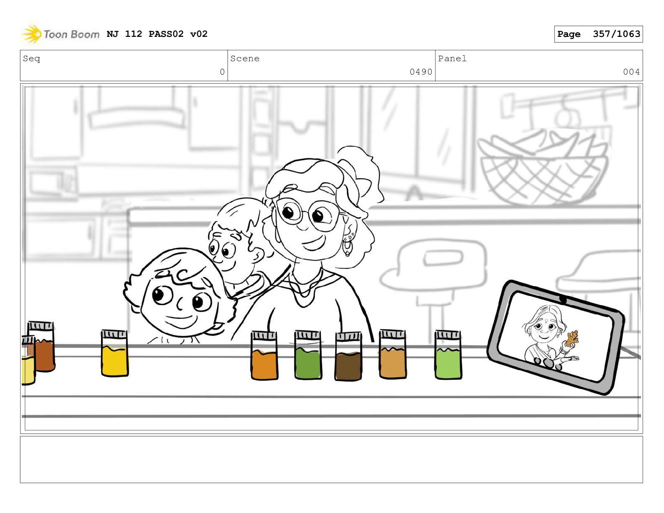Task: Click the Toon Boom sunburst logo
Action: (x=31, y=34)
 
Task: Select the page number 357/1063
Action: (x=616, y=34)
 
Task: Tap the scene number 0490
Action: (x=421, y=72)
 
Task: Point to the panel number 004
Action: (x=631, y=72)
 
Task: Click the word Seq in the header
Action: (x=31, y=59)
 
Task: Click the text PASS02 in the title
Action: (x=166, y=34)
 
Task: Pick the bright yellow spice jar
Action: (x=114, y=353)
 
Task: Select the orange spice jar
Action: (x=265, y=356)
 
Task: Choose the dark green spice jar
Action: (x=308, y=355)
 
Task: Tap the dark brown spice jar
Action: (x=348, y=356)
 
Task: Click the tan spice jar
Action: (x=393, y=354)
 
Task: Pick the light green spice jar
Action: (x=448, y=355)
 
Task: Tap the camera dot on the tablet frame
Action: (x=563, y=300)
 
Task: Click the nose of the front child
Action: (x=180, y=303)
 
